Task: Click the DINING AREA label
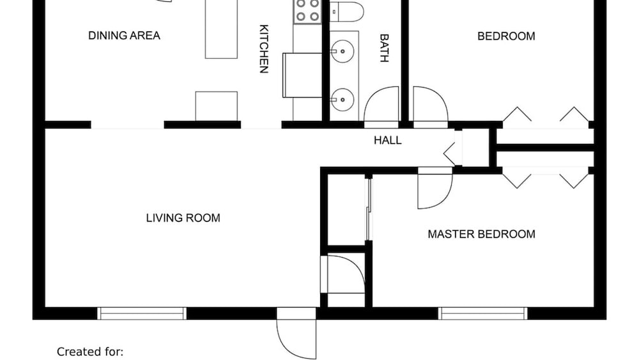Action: coord(125,35)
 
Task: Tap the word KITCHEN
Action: coord(264,49)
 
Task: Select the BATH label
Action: coord(384,48)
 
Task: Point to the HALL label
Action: coord(388,140)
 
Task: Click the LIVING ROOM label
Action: coord(183,218)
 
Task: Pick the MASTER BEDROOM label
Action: coord(481,234)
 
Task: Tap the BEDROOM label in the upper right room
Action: coord(506,36)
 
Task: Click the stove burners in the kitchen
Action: coord(308,11)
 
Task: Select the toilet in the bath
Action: coord(346,12)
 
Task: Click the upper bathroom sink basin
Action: coord(343,51)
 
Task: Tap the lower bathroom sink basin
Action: coord(343,100)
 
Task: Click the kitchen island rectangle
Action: coord(221,29)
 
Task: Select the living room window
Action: coord(142,313)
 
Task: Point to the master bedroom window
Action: coord(482,313)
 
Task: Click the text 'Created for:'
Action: coord(90,352)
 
